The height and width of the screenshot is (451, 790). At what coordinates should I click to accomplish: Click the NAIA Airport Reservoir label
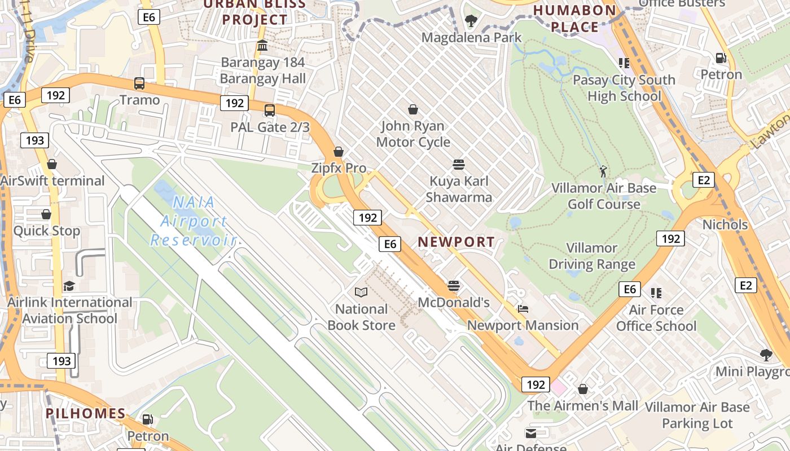click(192, 221)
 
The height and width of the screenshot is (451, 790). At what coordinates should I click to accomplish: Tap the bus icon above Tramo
click(139, 83)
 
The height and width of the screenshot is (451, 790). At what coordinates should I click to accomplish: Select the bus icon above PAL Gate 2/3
click(270, 110)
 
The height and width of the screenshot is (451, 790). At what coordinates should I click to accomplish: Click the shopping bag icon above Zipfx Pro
click(339, 152)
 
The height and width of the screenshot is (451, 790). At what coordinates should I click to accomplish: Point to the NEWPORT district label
click(456, 242)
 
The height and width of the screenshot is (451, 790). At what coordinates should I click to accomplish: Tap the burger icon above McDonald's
click(454, 286)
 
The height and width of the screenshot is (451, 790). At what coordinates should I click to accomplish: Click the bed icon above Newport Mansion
click(523, 309)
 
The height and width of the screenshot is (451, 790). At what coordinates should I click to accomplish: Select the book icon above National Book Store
click(361, 292)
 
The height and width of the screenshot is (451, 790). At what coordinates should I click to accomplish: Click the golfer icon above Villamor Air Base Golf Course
click(604, 171)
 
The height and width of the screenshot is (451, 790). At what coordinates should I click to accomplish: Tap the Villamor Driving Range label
click(592, 256)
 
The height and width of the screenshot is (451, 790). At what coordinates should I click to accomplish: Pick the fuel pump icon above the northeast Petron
click(721, 58)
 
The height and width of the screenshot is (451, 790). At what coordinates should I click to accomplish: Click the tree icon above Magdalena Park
click(471, 21)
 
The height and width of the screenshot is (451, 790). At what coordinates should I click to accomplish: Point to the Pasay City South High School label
click(624, 88)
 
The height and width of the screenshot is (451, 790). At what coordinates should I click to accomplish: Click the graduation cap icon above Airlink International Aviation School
click(69, 286)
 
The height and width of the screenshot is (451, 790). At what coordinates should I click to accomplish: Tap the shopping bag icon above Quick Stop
click(46, 214)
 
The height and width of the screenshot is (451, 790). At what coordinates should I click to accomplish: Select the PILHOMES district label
click(86, 413)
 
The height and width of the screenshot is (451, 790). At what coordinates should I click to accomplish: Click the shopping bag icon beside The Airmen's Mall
click(583, 389)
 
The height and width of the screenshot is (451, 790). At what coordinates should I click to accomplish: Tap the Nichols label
click(725, 224)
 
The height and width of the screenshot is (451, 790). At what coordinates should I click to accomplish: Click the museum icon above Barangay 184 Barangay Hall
click(262, 46)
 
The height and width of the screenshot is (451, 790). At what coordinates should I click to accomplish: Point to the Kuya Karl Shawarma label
click(459, 189)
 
